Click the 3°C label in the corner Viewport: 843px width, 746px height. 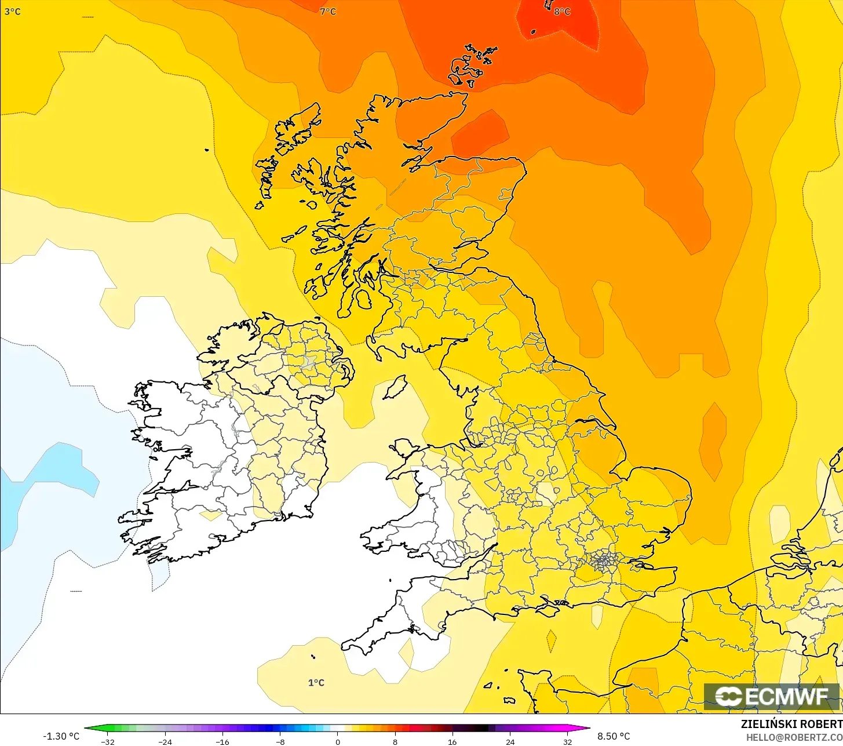pyautogui.click(x=12, y=12)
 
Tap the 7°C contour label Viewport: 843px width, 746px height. pyautogui.click(x=328, y=12)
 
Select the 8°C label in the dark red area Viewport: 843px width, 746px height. pyautogui.click(x=562, y=12)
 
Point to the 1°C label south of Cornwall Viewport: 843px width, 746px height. pyautogui.click(x=316, y=682)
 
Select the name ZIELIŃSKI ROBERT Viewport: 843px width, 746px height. pyautogui.click(x=791, y=724)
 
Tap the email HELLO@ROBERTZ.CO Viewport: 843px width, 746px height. pyautogui.click(x=794, y=737)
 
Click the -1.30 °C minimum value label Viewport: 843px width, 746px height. pyautogui.click(x=61, y=736)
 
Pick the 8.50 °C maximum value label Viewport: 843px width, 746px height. pyautogui.click(x=614, y=736)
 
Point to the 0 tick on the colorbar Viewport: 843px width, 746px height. pyautogui.click(x=338, y=741)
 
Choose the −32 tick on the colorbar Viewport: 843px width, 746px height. pyautogui.click(x=107, y=741)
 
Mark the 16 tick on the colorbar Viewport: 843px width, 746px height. pyautogui.click(x=452, y=741)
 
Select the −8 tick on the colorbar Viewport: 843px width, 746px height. pyautogui.click(x=280, y=741)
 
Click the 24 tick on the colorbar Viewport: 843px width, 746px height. pyautogui.click(x=510, y=741)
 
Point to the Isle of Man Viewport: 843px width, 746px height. pyautogui.click(x=395, y=387)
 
